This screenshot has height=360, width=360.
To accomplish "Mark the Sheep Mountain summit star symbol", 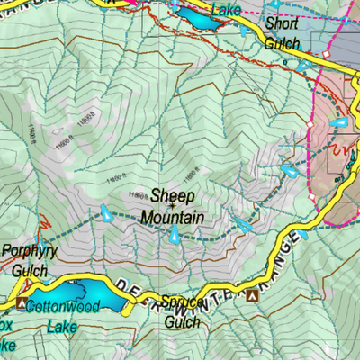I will tap(147, 206).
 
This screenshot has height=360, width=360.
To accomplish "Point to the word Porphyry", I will tap(29, 252).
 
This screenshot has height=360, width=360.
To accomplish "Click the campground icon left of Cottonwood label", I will tap(22, 303).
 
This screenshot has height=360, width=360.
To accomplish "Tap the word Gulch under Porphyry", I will tap(28, 269).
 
